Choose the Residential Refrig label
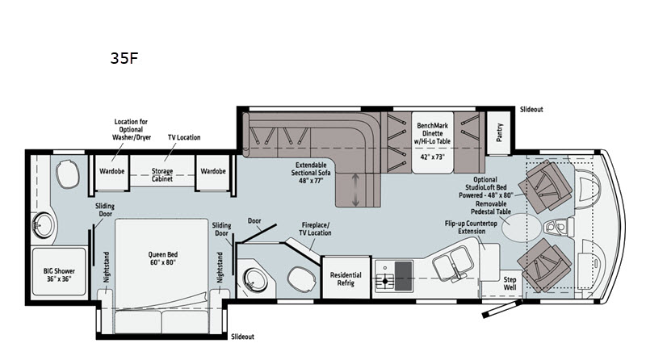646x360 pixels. click(346, 278)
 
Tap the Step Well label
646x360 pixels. click(510, 278)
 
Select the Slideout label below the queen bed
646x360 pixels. click(242, 337)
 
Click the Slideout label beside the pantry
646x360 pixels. click(531, 109)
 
